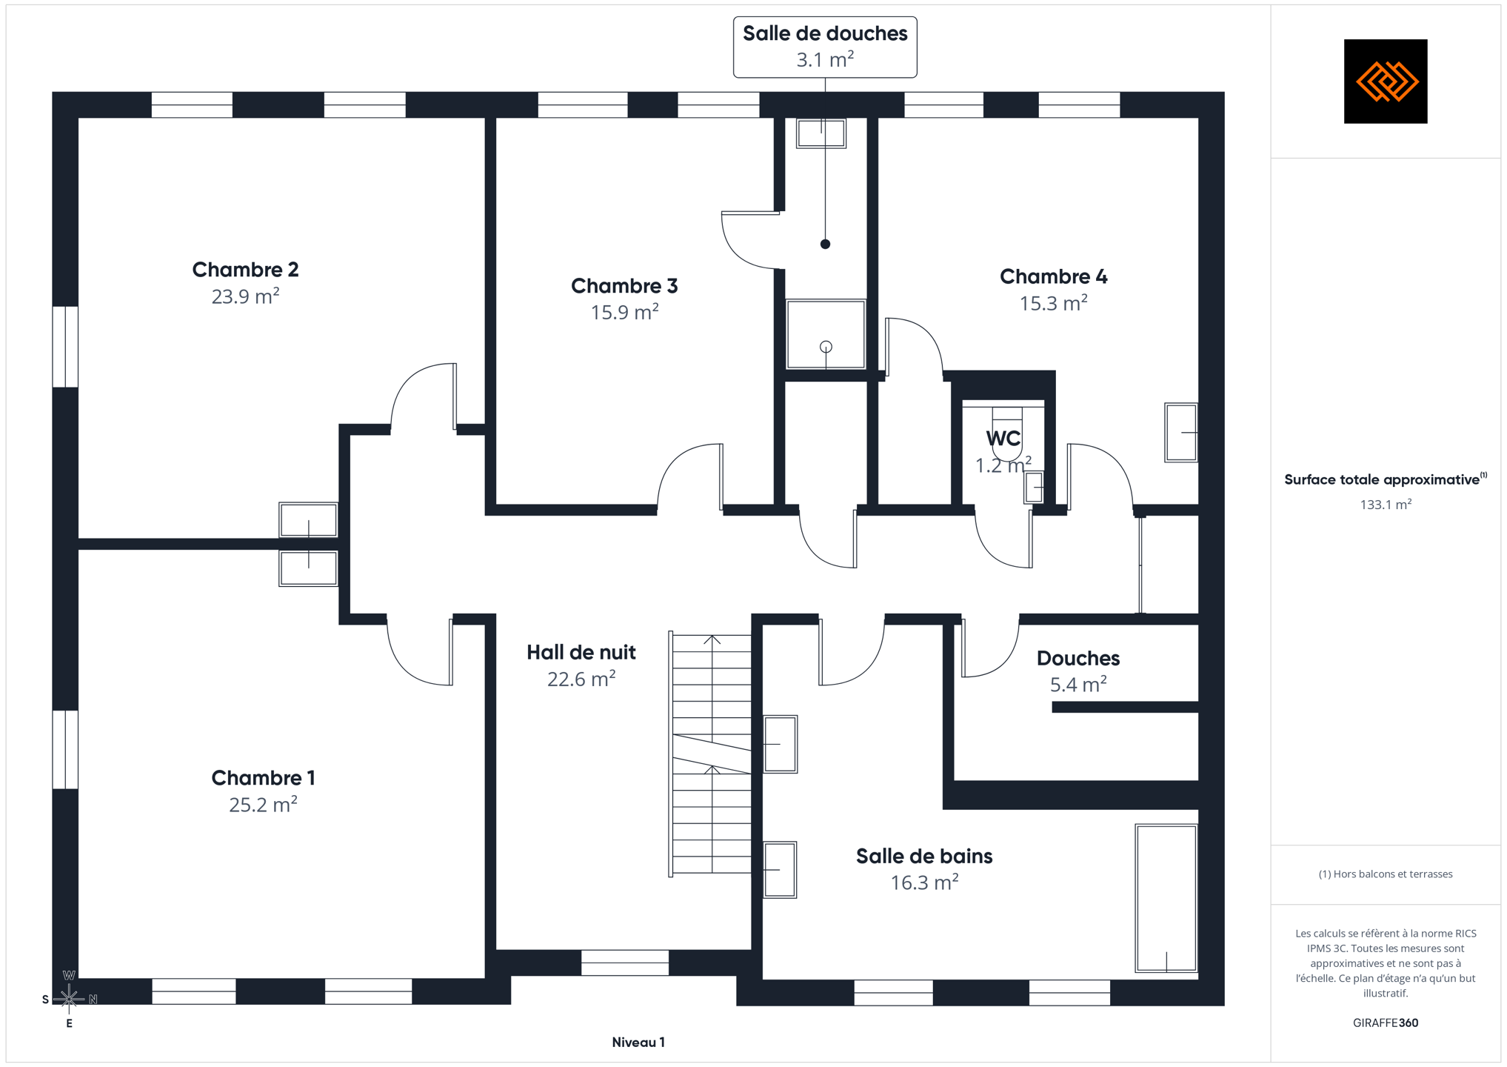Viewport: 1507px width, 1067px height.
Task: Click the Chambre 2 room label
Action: pos(245,270)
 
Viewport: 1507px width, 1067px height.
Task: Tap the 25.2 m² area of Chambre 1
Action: pos(263,804)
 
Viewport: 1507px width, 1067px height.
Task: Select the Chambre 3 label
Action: pos(624,286)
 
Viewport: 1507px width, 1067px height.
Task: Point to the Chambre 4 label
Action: pos(1053,277)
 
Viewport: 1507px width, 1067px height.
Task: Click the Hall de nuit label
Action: pos(581,652)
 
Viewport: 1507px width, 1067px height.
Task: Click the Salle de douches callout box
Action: pos(825,47)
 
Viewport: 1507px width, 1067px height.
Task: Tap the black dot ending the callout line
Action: pos(825,244)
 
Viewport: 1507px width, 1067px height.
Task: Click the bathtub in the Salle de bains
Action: pos(1166,897)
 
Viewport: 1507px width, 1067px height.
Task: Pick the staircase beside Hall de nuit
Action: pos(711,754)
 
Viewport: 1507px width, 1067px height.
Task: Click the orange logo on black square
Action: pos(1386,82)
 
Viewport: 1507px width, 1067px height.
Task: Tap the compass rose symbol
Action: pos(69,999)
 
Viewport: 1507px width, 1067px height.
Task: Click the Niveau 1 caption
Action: pos(638,1043)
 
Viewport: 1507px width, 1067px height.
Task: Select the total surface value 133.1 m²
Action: pos(1386,505)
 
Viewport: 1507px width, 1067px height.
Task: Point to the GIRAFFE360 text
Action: pos(1386,1023)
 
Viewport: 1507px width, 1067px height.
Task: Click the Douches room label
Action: pos(1078,658)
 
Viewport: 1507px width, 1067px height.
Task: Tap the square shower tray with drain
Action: pos(826,334)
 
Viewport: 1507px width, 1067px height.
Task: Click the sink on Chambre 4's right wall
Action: pos(1181,433)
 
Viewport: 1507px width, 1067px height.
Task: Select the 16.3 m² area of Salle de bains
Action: pos(924,882)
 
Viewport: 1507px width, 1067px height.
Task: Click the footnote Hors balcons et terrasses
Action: pos(1386,874)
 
